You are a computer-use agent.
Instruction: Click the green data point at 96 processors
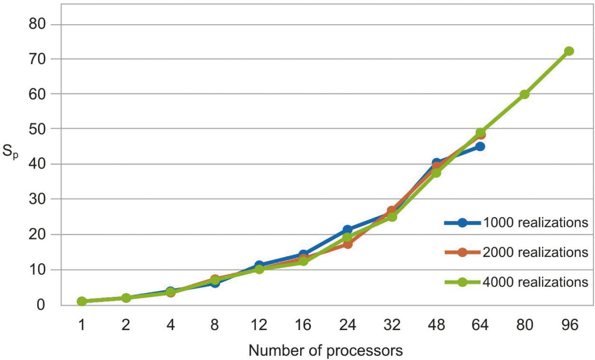[569, 51]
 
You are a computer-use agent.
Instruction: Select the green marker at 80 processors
[524, 95]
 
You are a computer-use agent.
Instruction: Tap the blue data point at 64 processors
[480, 146]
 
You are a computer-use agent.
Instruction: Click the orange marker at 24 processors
[347, 244]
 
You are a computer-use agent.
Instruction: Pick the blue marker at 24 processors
[347, 230]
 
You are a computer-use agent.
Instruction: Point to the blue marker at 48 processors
[436, 163]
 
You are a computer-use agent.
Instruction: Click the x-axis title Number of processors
[325, 351]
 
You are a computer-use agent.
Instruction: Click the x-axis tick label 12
[259, 325]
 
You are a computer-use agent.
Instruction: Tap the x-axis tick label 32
[392, 325]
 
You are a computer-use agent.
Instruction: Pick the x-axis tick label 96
[569, 325]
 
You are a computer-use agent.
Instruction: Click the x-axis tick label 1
[82, 325]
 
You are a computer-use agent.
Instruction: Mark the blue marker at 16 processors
[303, 255]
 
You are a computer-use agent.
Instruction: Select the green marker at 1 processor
[82, 301]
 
